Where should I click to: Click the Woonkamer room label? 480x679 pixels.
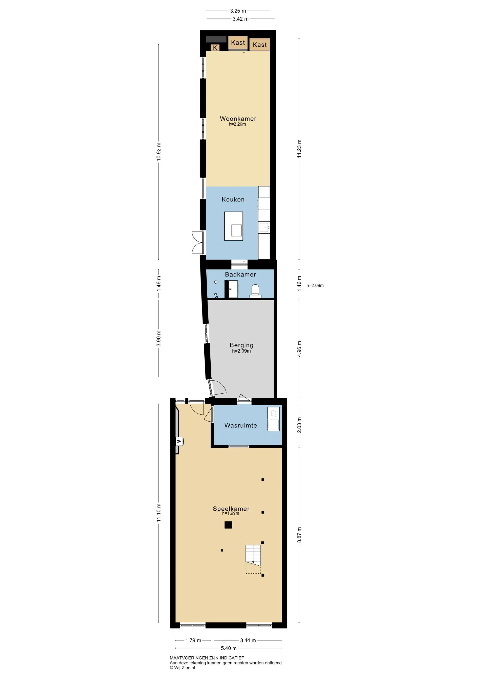pos(238,119)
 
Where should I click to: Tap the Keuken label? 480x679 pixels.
pos(233,200)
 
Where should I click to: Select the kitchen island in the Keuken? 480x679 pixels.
pos(233,226)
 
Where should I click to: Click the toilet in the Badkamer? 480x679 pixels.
pos(255,291)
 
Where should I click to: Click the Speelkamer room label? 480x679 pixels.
pos(231,509)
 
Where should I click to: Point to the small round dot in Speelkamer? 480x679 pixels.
pos(222,550)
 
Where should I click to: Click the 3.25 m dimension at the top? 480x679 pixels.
pos(238,11)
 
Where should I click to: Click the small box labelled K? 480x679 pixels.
pos(215,48)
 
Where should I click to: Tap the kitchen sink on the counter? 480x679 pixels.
pos(264,228)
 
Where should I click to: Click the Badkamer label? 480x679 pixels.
pos(240,275)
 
